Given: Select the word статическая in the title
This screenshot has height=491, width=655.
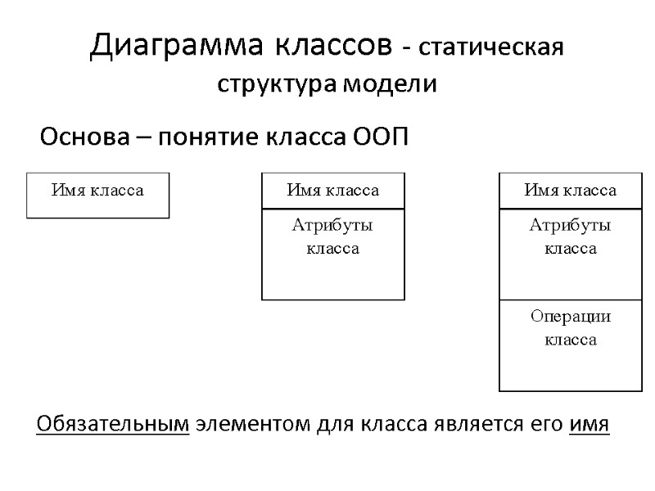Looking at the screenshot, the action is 490,47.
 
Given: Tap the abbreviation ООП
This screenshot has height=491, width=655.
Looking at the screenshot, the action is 380,136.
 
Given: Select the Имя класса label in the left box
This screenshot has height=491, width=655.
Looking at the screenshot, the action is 97,191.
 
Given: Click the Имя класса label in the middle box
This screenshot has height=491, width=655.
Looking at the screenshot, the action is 332,191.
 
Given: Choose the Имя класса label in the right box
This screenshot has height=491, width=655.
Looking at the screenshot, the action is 570,191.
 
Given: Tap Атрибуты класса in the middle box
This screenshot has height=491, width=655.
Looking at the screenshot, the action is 332,236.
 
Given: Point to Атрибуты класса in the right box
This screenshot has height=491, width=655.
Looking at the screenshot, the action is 570,236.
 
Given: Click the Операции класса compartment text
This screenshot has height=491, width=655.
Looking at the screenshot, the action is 570,327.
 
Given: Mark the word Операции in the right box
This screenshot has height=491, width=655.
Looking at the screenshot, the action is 570,317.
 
